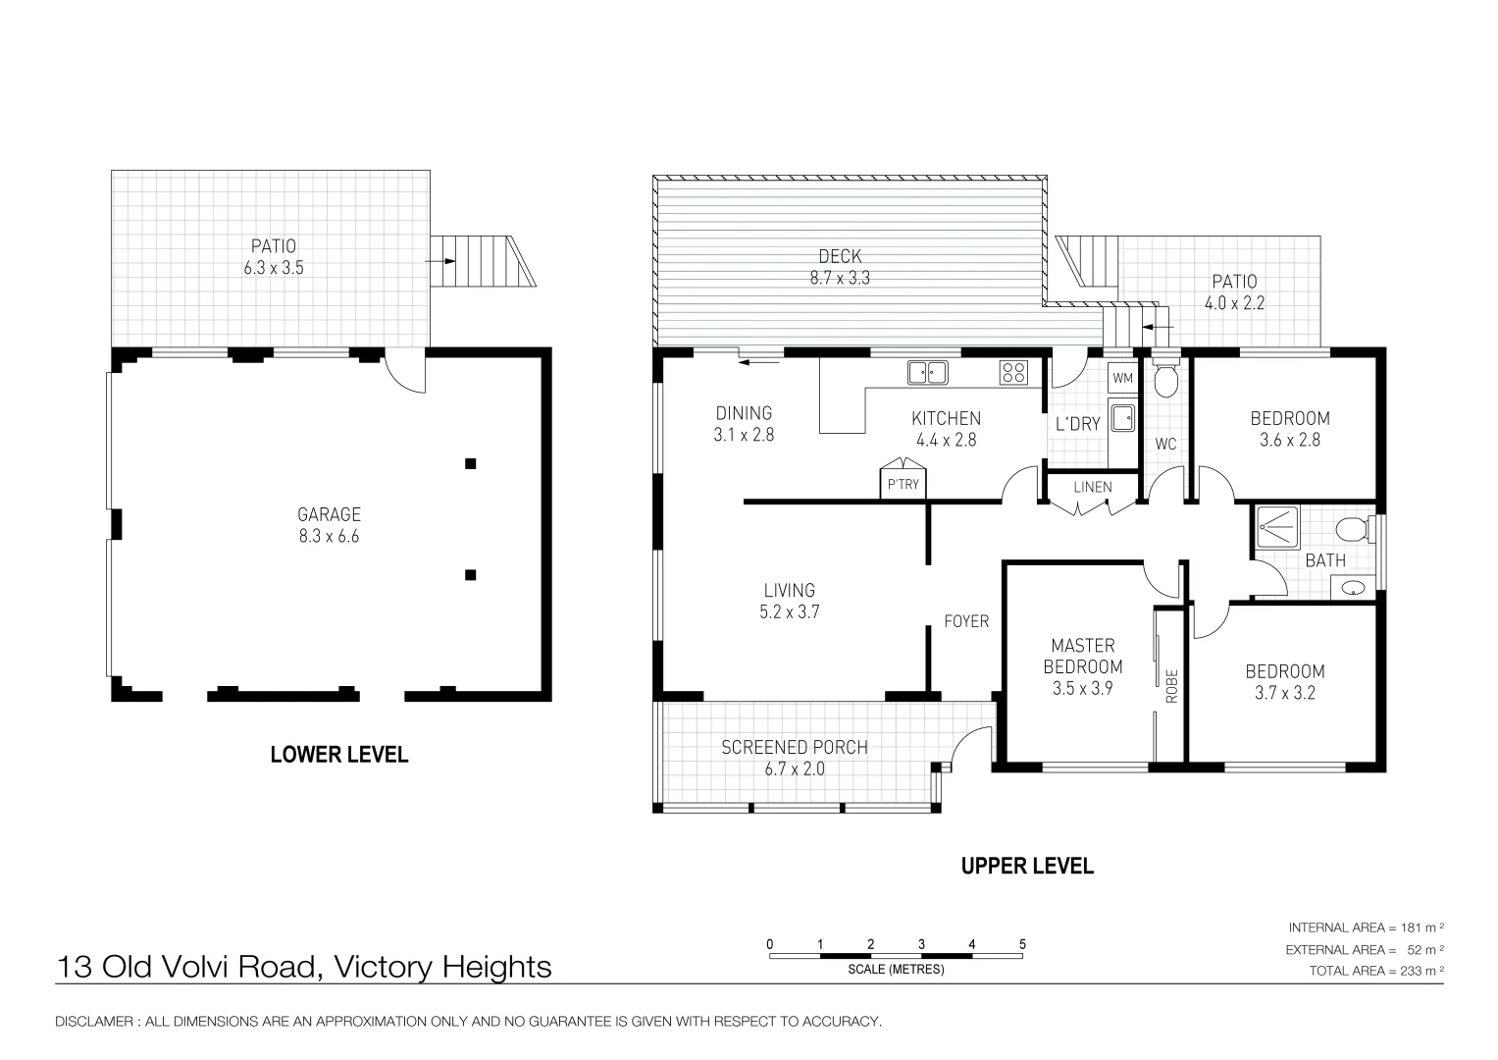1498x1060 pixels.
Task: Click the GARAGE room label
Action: (x=329, y=514)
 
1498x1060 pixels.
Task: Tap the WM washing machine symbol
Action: (x=1123, y=378)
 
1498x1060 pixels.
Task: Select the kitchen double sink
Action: (x=928, y=373)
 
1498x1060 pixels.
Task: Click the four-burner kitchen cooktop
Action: (x=1013, y=373)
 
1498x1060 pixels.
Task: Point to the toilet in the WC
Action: (x=1166, y=380)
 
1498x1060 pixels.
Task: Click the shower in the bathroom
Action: (x=1277, y=527)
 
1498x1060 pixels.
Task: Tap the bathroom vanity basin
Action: (x=1353, y=588)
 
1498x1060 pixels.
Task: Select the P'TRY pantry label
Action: (x=903, y=485)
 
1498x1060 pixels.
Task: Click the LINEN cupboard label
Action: (x=1093, y=487)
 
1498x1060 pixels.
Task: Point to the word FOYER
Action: (x=966, y=621)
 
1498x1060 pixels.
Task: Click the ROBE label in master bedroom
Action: (x=1171, y=686)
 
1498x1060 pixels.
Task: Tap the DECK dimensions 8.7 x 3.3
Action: (x=840, y=278)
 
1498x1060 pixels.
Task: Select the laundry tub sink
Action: (x=1123, y=419)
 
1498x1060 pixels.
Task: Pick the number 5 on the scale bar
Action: (x=1022, y=944)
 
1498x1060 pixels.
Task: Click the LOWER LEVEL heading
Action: (x=339, y=755)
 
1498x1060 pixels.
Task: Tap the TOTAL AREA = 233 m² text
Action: (x=1376, y=971)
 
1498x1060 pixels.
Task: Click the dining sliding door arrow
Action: (x=759, y=363)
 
